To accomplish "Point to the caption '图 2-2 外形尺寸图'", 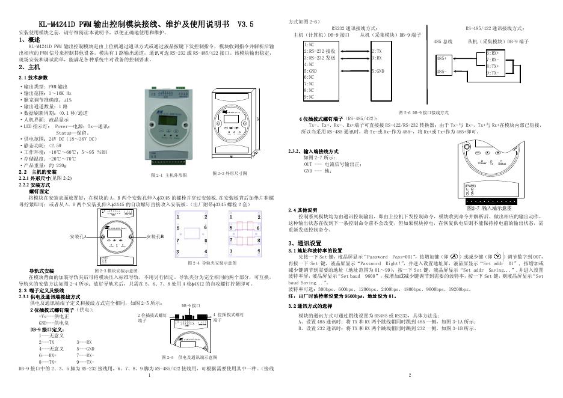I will tap(230, 174).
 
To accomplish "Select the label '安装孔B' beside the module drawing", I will tap(155, 237).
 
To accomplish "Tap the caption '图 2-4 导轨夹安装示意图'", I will tap(212, 263).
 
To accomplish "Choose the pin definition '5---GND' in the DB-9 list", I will tap(86, 349).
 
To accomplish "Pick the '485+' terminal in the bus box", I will tap(441, 59).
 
